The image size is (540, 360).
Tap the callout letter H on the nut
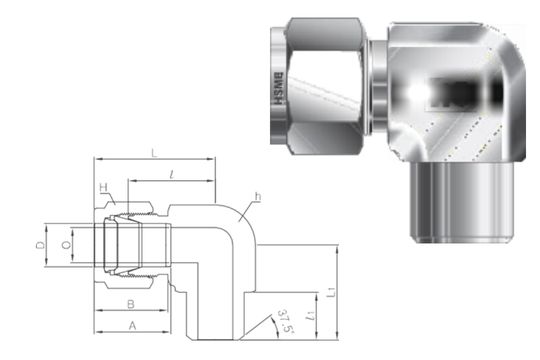click(x=102, y=188)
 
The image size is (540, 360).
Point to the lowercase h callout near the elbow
click(x=258, y=197)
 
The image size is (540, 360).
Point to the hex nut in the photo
click(x=320, y=85)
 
